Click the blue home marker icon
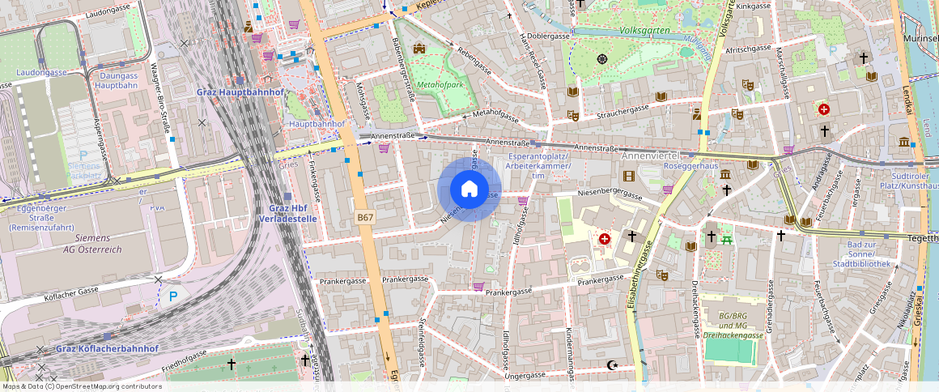click(469, 190)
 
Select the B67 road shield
click(365, 218)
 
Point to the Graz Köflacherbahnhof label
click(107, 348)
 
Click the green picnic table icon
click(727, 238)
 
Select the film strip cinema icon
click(628, 176)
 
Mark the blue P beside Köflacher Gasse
click(172, 297)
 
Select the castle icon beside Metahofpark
click(419, 49)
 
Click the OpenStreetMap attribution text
click(81, 386)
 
